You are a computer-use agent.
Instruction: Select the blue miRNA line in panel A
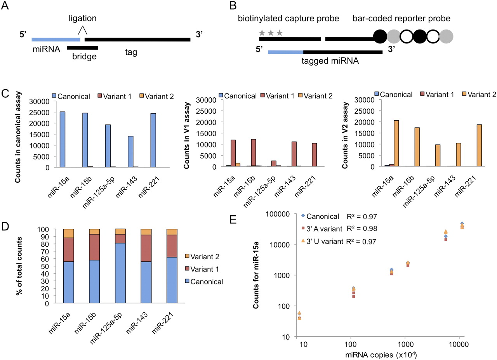pyautogui.click(x=56, y=39)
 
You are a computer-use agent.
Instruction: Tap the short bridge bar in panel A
pyautogui.click(x=82, y=48)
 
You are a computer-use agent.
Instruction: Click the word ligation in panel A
pyautogui.click(x=82, y=19)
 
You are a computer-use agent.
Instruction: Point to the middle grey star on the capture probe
pyautogui.click(x=271, y=32)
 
